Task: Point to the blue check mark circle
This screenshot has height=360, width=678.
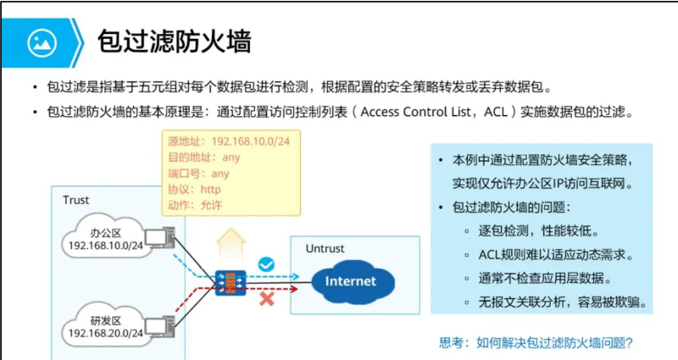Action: coord(267,264)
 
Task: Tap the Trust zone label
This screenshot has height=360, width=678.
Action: coord(75,200)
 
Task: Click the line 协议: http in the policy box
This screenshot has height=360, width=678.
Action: coord(194,190)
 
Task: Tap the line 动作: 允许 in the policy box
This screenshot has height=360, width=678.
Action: coord(194,206)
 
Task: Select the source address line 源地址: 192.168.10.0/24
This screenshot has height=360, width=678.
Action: coord(229,141)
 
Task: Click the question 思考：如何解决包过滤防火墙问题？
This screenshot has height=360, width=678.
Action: coord(536,343)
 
